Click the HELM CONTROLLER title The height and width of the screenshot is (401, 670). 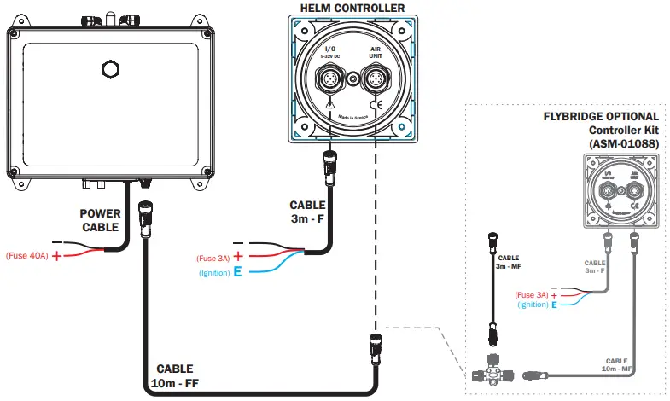coord(352,9)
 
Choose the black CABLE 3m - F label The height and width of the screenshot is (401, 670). coord(307,212)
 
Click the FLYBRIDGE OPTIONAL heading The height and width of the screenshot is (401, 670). coord(601,116)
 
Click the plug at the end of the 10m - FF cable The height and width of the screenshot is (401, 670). coord(374,345)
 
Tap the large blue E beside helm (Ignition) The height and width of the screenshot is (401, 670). coord(238,272)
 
